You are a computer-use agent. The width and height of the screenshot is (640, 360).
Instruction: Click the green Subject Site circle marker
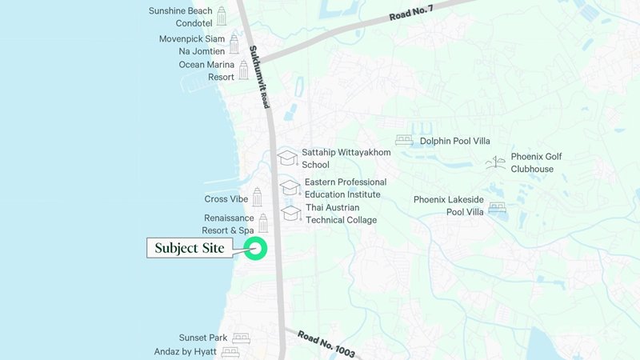click(x=256, y=248)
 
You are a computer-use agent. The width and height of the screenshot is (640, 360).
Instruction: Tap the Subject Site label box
click(x=190, y=248)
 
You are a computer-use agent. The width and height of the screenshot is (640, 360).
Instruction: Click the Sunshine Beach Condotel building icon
click(x=222, y=16)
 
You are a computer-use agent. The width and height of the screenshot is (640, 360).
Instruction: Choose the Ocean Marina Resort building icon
click(x=243, y=70)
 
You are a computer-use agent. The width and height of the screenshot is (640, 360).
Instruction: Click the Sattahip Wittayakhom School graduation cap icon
click(x=286, y=158)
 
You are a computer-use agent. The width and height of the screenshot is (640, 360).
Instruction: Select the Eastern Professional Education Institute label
click(x=345, y=188)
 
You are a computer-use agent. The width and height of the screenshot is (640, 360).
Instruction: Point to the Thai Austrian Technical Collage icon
click(x=291, y=214)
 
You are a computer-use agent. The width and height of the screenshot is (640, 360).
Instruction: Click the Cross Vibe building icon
click(x=257, y=197)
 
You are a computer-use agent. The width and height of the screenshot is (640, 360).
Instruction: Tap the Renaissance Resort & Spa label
click(x=228, y=224)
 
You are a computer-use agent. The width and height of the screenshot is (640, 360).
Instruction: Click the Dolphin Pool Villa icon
click(x=404, y=141)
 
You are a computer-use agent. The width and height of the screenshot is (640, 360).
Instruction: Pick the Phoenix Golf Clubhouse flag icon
click(x=496, y=162)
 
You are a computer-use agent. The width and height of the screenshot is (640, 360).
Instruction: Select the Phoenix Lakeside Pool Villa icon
click(x=497, y=207)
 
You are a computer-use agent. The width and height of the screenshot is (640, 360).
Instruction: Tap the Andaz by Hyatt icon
click(x=230, y=351)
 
